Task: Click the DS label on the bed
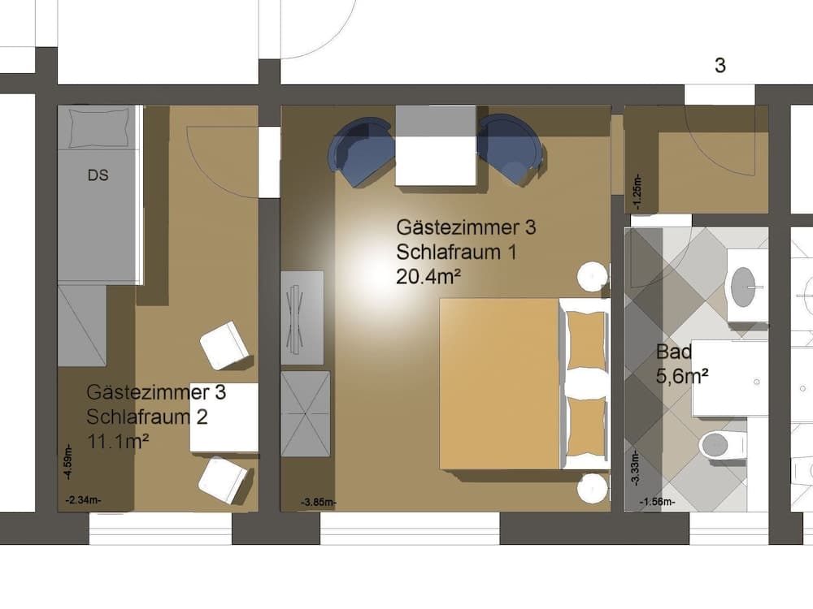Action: tap(98, 175)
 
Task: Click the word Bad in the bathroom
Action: tap(674, 352)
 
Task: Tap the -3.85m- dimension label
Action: tap(317, 503)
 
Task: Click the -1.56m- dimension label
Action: tap(658, 503)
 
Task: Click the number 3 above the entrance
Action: tap(720, 66)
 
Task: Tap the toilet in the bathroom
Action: tap(720, 445)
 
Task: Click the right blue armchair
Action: tap(510, 148)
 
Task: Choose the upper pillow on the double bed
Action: tap(585, 340)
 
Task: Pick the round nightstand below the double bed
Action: tap(593, 489)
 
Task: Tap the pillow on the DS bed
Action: tap(98, 126)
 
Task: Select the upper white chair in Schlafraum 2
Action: tap(224, 344)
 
